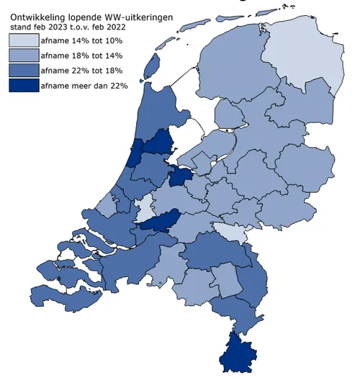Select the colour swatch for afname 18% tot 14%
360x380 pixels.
[23, 55]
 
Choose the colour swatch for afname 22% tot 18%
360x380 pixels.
[23, 71]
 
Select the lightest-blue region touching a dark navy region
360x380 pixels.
[145, 209]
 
